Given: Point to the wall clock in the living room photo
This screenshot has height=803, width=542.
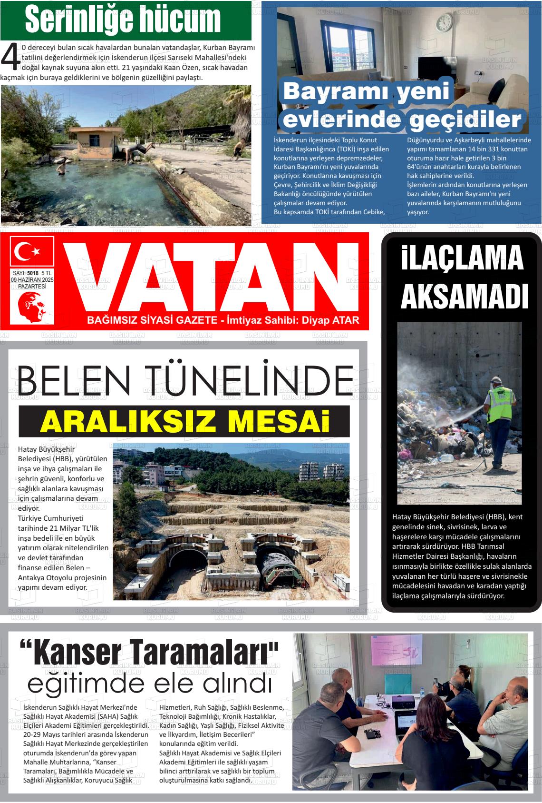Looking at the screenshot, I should [x=445, y=23].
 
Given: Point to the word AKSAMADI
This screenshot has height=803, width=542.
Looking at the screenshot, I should [x=465, y=297].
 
